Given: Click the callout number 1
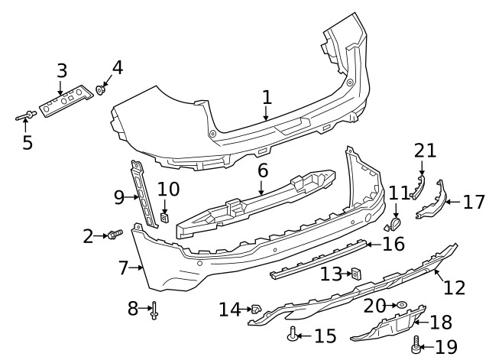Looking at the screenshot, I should click(x=267, y=97).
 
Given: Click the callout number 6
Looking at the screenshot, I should click(x=262, y=170).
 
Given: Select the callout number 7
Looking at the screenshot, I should click(x=123, y=268).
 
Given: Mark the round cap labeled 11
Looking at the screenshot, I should click(x=396, y=223).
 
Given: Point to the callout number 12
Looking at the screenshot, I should click(x=454, y=287).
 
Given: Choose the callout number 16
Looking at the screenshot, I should click(x=393, y=245).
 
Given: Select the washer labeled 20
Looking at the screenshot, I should click(x=400, y=304).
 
